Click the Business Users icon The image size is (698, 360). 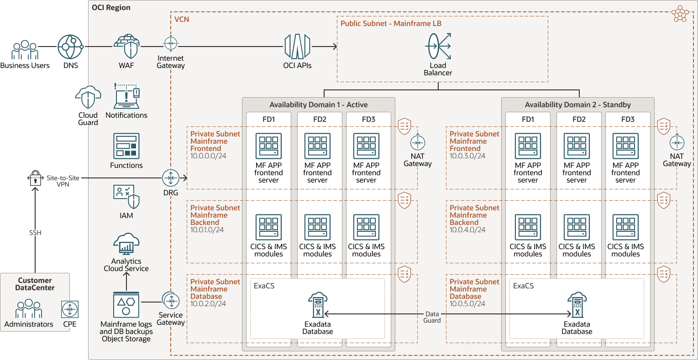tap(25, 50)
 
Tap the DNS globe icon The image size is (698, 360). tap(70, 47)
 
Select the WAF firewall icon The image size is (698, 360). tap(126, 46)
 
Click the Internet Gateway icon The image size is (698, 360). tap(171, 44)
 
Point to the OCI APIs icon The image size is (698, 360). tap(297, 47)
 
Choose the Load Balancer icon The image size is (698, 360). tap(438, 46)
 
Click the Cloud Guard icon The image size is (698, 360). tap(88, 97)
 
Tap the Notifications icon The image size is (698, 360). tap(126, 96)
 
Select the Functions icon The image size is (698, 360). tap(126, 146)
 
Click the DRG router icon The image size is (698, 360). tap(171, 178)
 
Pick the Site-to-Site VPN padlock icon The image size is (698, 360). tap(35, 178)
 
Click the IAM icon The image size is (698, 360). tap(126, 196)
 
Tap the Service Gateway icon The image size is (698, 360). tap(171, 301)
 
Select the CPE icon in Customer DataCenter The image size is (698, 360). tap(70, 309)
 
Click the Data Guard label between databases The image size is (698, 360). tap(432, 317)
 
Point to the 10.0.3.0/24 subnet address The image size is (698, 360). tap(467, 156)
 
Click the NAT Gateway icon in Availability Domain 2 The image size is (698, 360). tap(677, 143)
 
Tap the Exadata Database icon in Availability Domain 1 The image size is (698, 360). tap(318, 305)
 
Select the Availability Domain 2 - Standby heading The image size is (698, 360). tap(577, 105)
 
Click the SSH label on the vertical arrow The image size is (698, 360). tap(35, 233)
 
